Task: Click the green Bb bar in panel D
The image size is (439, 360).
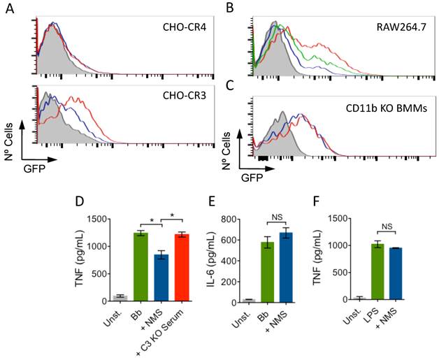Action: coord(141,266)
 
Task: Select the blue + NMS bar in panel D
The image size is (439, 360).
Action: coord(161,277)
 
